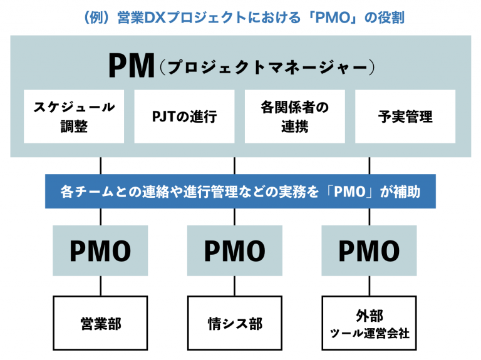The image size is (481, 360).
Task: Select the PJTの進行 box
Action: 184,116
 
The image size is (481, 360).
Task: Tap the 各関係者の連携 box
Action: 294,116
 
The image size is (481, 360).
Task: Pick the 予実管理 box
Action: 405,116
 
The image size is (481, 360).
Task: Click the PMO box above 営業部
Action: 100,251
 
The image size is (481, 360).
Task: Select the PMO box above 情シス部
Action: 235,251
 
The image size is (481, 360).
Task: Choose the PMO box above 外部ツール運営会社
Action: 370,251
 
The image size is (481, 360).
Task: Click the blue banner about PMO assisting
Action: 240,191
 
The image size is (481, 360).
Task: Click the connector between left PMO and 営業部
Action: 100,286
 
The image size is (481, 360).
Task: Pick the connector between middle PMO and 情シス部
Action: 235,286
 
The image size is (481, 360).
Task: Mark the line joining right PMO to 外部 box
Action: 370,286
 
